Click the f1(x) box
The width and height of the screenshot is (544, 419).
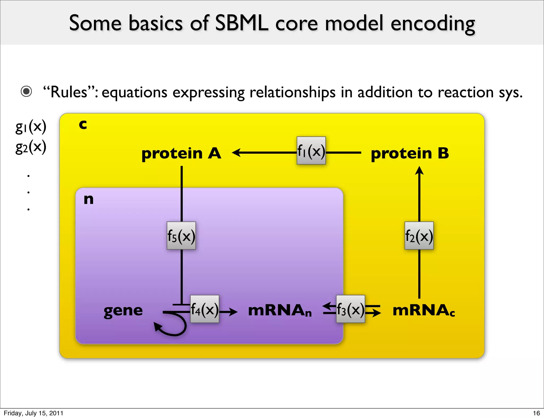pyautogui.click(x=311, y=151)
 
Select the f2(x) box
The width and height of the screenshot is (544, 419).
pyautogui.click(x=419, y=236)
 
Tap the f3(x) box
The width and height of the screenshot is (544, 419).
pyautogui.click(x=350, y=309)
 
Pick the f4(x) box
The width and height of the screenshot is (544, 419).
pyautogui.click(x=205, y=309)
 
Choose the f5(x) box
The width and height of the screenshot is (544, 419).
pyautogui.click(x=181, y=236)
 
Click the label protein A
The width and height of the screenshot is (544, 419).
pyautogui.click(x=181, y=153)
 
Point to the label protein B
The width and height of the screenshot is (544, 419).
pyautogui.click(x=410, y=153)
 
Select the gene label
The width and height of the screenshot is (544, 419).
pyautogui.click(x=123, y=311)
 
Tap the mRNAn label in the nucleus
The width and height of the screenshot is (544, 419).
pyautogui.click(x=279, y=310)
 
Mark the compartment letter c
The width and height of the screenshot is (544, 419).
pyautogui.click(x=83, y=124)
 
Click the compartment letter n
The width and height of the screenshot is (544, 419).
pyautogui.click(x=88, y=199)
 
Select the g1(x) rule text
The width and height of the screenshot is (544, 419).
pyautogui.click(x=31, y=127)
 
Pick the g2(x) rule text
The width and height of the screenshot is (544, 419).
pyautogui.click(x=31, y=147)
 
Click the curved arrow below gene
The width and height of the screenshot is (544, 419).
pyautogui.click(x=173, y=327)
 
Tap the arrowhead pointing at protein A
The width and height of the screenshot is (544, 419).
pyautogui.click(x=236, y=153)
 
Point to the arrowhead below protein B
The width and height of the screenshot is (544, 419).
pyautogui.click(x=419, y=170)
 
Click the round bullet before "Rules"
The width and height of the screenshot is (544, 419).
pyautogui.click(x=26, y=91)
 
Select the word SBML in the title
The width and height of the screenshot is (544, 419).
pyautogui.click(x=241, y=23)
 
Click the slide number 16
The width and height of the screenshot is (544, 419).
pyautogui.click(x=536, y=413)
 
